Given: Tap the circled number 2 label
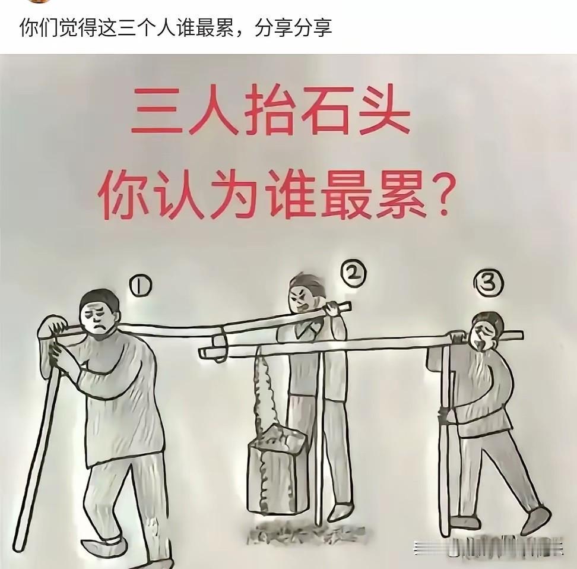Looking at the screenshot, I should click(x=354, y=273).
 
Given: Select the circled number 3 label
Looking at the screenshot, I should click(x=488, y=284).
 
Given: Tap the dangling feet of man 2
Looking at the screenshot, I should click(x=341, y=511).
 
